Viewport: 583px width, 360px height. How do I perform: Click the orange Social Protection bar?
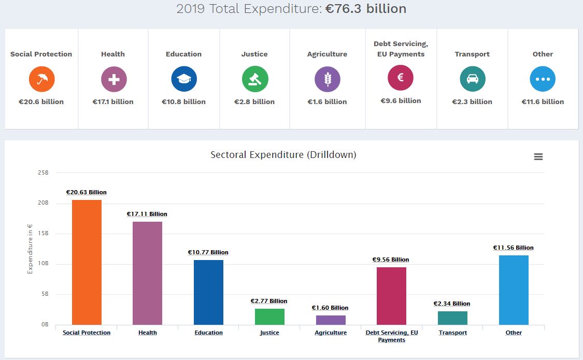click(87, 262)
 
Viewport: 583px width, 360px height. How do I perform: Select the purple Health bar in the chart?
click(148, 273)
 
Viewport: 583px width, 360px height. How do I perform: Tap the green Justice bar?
click(269, 316)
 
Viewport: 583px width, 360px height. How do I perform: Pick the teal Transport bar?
click(452, 318)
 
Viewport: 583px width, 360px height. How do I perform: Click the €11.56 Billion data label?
click(513, 248)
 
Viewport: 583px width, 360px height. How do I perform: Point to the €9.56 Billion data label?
click(391, 260)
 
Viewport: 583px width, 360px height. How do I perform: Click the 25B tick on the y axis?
click(43, 172)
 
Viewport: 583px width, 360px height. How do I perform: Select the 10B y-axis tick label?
click(43, 264)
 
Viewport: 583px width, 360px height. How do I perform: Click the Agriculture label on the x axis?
click(331, 333)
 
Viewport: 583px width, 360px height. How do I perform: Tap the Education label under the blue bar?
click(209, 333)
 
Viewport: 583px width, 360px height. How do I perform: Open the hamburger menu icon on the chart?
click(538, 156)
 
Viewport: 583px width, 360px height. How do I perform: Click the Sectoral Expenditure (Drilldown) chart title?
click(283, 155)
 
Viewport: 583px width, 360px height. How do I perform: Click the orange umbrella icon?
click(42, 79)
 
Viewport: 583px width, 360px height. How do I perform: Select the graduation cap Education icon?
click(184, 79)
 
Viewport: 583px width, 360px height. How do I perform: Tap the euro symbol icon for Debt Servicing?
click(401, 78)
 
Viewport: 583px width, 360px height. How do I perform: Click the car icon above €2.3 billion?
click(473, 79)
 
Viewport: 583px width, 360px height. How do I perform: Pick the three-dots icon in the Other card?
click(543, 79)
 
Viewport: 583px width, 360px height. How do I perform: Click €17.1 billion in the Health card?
click(113, 102)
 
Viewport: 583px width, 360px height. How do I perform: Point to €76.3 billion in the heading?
click(366, 9)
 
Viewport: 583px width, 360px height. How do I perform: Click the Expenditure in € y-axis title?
click(30, 249)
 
